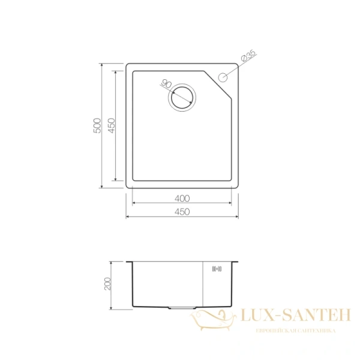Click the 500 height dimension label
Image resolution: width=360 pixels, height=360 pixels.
point(97,125)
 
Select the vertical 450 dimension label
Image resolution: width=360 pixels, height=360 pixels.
point(111,125)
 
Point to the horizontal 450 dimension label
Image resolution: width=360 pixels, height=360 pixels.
point(182,211)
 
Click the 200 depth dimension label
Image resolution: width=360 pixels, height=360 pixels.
point(109,284)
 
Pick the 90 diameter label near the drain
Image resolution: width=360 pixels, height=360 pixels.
point(167,85)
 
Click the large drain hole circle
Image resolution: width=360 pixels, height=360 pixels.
point(182,98)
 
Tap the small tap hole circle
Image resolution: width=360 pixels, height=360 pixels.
point(224,77)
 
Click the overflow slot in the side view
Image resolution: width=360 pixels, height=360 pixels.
point(217,269)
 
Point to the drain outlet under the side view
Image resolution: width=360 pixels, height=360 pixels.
point(181,308)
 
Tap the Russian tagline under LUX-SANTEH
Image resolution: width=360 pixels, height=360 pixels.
point(296,331)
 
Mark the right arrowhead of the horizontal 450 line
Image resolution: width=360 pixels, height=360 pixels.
point(237,217)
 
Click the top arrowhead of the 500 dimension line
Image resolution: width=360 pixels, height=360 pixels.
point(101,65)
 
